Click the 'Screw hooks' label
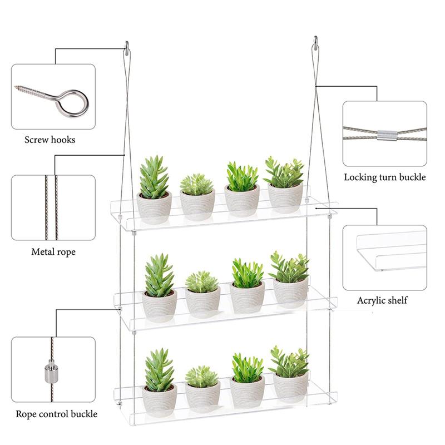pos(50,140)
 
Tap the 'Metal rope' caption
pos(53,252)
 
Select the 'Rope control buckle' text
pos(56,414)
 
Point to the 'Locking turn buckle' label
pos(384,177)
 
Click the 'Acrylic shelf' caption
pos(382,300)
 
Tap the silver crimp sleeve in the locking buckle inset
pos(385,135)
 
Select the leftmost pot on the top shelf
pos(154,207)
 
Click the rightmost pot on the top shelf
pos(285,197)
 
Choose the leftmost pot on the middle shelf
pos(159,305)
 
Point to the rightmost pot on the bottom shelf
pos(290,386)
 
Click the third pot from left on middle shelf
pos(247,297)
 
